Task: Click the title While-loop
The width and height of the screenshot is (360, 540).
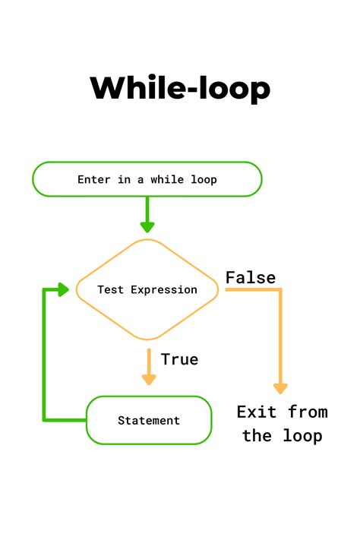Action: tap(180, 88)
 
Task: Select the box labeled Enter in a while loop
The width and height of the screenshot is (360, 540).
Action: tap(147, 180)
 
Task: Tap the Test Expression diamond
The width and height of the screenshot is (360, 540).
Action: tap(147, 289)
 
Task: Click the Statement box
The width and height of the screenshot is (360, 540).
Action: tap(149, 420)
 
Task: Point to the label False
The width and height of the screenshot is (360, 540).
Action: tap(251, 278)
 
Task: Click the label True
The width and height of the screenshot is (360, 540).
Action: tap(180, 359)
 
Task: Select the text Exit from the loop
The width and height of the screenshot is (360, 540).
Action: tap(282, 424)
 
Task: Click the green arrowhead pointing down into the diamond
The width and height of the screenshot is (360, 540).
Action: tap(147, 226)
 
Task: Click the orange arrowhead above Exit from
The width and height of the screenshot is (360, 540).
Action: tap(280, 387)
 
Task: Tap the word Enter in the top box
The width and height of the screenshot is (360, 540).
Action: tap(93, 180)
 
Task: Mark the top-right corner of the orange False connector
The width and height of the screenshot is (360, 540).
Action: tap(280, 289)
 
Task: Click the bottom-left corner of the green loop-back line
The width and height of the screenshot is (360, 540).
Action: tap(45, 419)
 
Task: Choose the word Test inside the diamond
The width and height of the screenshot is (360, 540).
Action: tap(111, 290)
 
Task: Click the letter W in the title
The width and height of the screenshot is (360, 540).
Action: tap(109, 88)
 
